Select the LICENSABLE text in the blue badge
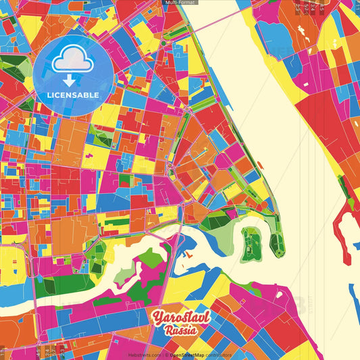click(x=73, y=95)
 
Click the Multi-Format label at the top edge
click(x=180, y=3)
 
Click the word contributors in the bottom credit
click(x=218, y=355)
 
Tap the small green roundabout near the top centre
click(x=163, y=43)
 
